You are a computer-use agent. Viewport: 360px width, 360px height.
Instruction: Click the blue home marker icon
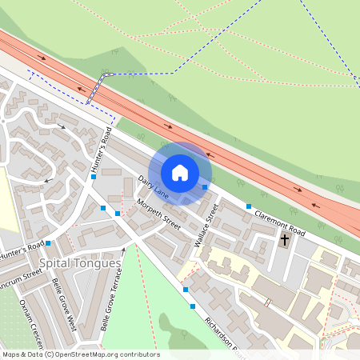pos(180,173)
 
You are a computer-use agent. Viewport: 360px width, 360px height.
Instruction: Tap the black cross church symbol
pos(285,239)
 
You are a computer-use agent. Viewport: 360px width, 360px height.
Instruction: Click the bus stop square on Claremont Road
pos(247,207)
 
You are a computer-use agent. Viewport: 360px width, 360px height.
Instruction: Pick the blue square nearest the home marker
pos(205,187)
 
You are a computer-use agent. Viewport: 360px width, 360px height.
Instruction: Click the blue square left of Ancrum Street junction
pos(48,242)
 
